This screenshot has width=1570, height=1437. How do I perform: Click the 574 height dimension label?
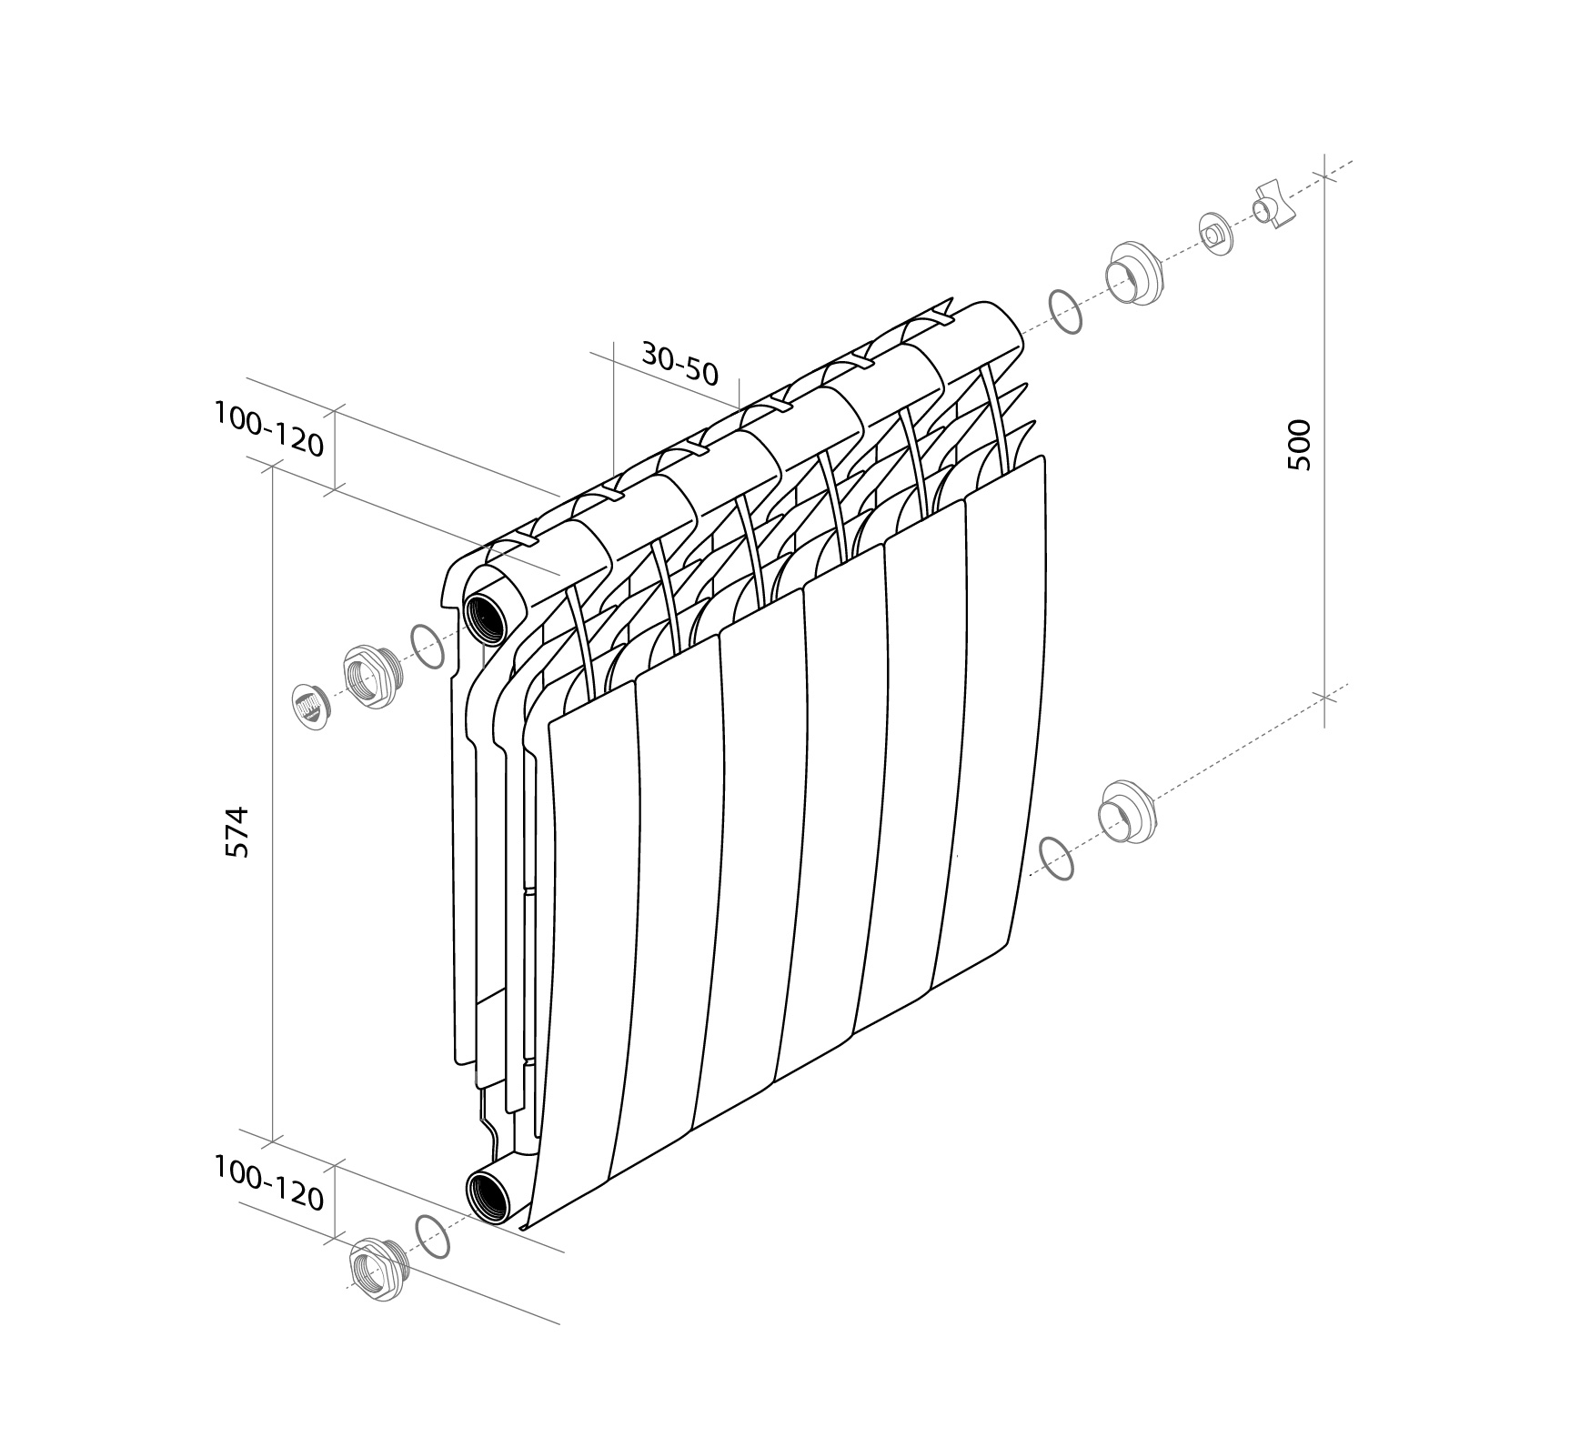click(237, 831)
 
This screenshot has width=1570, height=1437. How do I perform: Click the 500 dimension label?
click(1300, 445)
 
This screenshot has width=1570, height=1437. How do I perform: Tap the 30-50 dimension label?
click(680, 362)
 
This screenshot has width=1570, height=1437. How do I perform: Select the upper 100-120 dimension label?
click(269, 428)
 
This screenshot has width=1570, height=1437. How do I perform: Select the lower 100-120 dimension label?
click(269, 1183)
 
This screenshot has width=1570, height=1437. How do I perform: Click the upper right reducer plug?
click(1133, 273)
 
